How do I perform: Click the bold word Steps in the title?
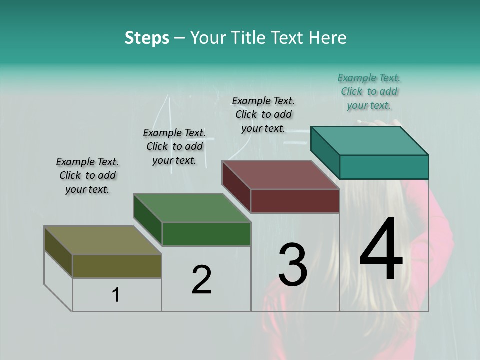pos(147,38)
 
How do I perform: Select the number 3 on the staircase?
pos(293,264)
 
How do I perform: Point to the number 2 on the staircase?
pos(201,280)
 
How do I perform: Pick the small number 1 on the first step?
pos(116,295)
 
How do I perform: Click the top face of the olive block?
pos(102,240)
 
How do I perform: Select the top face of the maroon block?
pos(280,175)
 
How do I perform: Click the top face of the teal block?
pos(369,140)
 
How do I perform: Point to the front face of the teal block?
pos(384,167)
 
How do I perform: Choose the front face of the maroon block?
pos(295,201)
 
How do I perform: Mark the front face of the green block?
pos(206,234)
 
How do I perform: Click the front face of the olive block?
pos(117,266)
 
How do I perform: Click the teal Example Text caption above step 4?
pos(369,91)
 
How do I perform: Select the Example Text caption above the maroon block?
pos(263,114)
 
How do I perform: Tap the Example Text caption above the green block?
pos(174,146)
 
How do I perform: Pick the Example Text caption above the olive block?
pos(87,175)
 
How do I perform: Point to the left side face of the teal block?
pos(325,152)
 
